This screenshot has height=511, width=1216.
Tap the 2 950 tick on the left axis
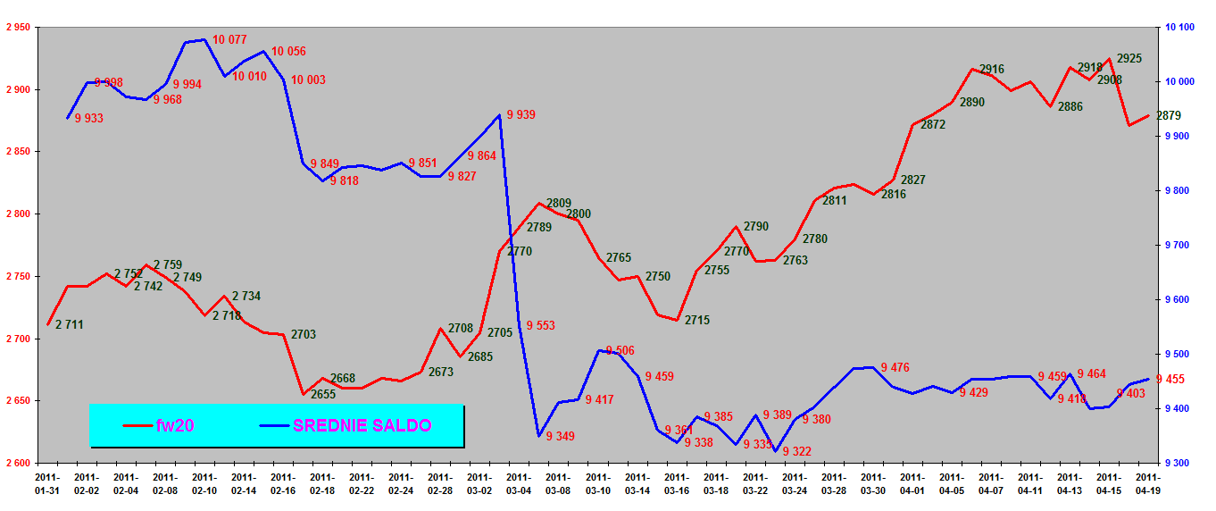18,28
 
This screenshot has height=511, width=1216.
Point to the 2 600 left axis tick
18,464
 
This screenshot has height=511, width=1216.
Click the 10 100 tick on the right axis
1179,28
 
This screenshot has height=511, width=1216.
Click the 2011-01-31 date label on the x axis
48,483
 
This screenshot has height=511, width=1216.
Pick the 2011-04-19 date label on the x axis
1146,483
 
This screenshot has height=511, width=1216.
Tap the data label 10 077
229,39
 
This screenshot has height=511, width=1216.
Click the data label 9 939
521,114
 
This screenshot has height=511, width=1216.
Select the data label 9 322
796,451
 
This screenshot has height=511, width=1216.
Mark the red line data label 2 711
69,324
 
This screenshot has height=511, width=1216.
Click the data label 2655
323,394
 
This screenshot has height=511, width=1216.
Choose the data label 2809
559,203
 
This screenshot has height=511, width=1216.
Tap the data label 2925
1129,58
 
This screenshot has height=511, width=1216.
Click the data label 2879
1169,115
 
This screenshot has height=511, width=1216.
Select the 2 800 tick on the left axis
18,214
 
